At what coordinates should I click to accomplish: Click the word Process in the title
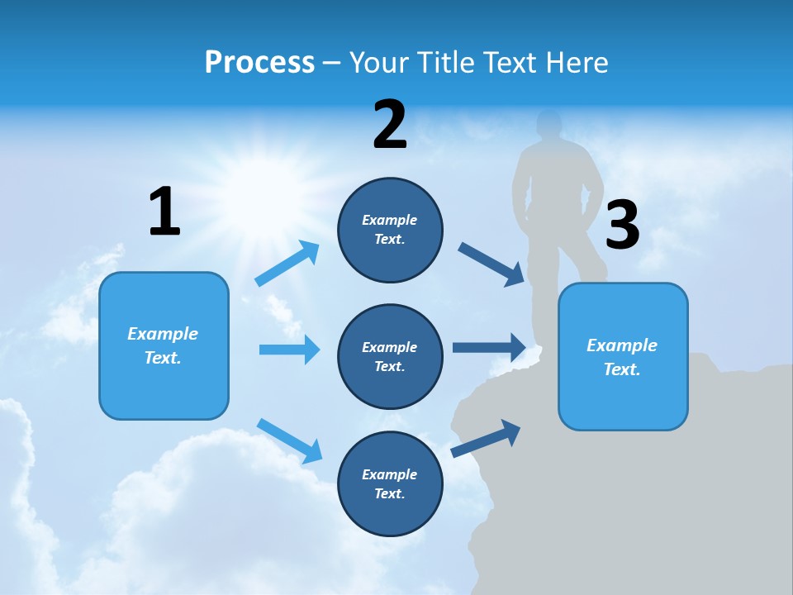coord(259,63)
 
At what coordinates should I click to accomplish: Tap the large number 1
coord(164,212)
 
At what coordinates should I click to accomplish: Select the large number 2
coord(390,125)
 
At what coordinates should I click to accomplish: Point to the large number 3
coord(622,226)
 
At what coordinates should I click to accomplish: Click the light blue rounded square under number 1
coord(164,345)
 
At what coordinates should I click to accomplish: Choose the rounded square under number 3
coord(623,357)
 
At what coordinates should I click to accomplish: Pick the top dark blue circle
coord(390,230)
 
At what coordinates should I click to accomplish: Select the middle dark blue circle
coord(390,357)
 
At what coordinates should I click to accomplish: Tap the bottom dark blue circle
coord(390,484)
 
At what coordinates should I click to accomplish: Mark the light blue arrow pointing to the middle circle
coord(289,350)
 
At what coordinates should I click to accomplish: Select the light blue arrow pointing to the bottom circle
coord(290,440)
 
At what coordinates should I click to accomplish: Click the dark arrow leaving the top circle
coord(492,264)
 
